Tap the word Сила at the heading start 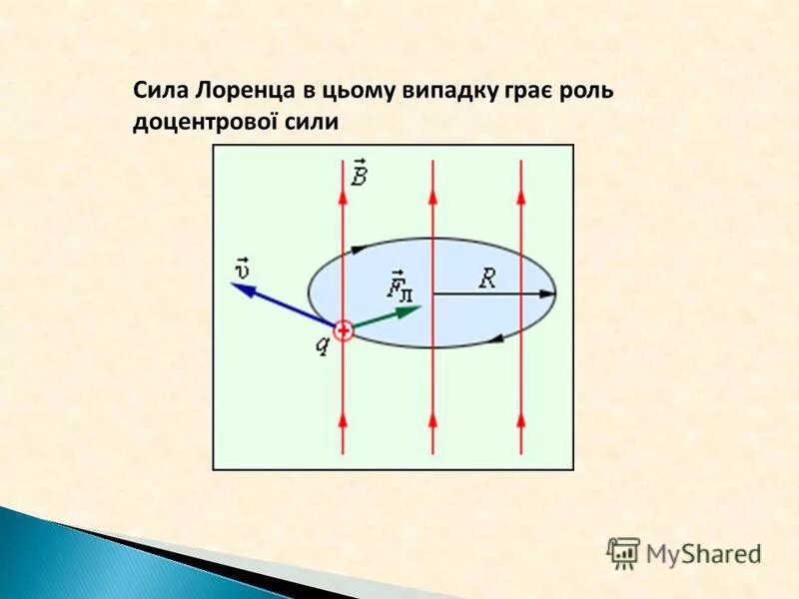click(x=162, y=91)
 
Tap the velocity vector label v click(x=242, y=268)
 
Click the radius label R click(x=486, y=280)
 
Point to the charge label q click(x=323, y=345)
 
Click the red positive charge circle click(x=343, y=329)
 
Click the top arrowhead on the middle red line click(x=432, y=196)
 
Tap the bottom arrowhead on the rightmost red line click(x=521, y=420)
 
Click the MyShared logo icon click(x=623, y=552)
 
